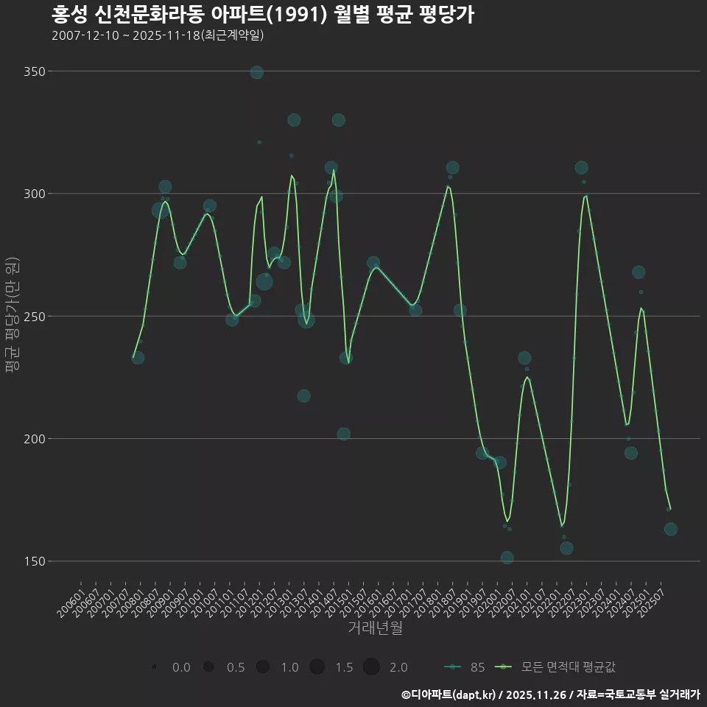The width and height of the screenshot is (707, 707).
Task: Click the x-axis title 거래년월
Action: [x=375, y=628]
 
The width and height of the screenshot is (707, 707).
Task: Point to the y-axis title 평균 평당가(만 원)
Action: [x=11, y=317]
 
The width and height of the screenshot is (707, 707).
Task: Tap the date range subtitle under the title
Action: [x=158, y=35]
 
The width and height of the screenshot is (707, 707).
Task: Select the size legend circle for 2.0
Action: [x=371, y=667]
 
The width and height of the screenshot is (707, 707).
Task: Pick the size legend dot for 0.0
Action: [x=154, y=667]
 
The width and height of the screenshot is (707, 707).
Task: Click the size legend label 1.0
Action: [x=289, y=667]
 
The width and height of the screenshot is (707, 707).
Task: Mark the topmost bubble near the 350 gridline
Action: [x=256, y=72]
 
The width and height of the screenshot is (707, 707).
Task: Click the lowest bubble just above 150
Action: [x=507, y=557]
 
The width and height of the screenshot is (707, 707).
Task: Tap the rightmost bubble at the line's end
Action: [x=670, y=530]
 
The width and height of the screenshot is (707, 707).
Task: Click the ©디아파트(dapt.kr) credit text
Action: [x=449, y=694]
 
